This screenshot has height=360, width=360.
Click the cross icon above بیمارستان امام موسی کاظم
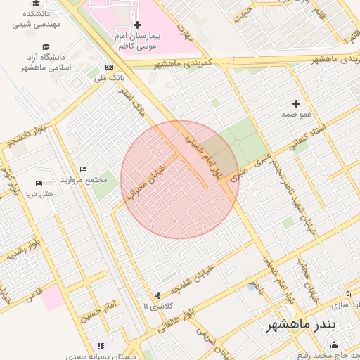point(137,25)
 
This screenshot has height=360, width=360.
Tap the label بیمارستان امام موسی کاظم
point(137,40)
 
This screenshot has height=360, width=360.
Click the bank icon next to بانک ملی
point(108,67)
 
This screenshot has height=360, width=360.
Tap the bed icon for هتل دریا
point(38,184)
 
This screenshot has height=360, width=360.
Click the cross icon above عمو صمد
point(296,104)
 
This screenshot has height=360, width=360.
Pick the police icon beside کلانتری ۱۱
point(157,295)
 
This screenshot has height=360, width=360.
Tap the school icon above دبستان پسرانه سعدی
point(100,346)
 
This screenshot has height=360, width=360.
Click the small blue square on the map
point(252,287)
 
